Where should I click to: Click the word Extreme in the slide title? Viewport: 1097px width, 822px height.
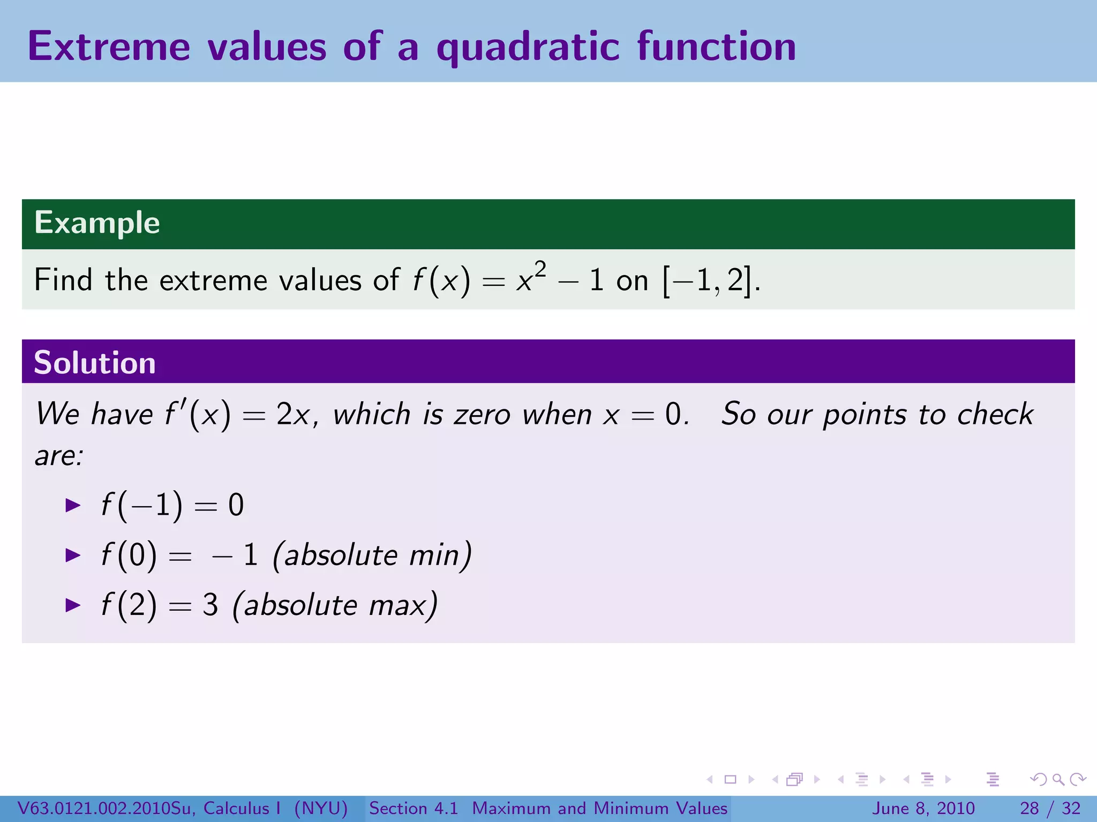[109, 47]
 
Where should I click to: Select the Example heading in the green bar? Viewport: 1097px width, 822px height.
[97, 223]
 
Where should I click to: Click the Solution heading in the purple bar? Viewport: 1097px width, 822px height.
[95, 363]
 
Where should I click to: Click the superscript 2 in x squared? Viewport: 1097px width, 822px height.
[540, 269]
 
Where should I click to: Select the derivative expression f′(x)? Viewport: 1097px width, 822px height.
[198, 415]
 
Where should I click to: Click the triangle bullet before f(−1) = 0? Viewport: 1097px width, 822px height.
[73, 505]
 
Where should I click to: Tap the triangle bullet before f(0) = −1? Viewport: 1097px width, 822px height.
[73, 555]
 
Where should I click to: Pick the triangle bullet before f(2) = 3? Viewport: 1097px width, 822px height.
[73, 605]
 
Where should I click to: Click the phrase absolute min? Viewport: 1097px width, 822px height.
[372, 555]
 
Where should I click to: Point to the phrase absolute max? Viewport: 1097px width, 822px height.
[335, 605]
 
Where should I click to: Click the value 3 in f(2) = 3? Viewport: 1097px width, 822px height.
[210, 605]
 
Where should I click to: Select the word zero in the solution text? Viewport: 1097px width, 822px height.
[482, 415]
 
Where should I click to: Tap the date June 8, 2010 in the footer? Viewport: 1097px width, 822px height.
[923, 808]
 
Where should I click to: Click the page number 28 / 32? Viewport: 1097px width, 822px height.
[1050, 808]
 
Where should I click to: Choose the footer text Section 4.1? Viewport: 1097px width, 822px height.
[413, 808]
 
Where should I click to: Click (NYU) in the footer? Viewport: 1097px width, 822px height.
[321, 808]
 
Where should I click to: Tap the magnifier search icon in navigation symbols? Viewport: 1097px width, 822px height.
[1058, 780]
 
